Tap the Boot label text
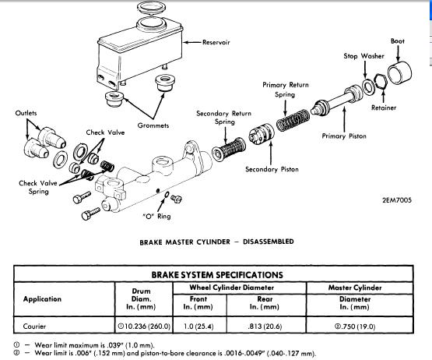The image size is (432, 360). (397, 41)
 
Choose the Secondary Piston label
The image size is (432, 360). (271, 169)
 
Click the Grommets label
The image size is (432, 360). (153, 125)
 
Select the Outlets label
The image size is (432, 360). (26, 113)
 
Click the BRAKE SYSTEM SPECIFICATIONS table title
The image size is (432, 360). (216, 274)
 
